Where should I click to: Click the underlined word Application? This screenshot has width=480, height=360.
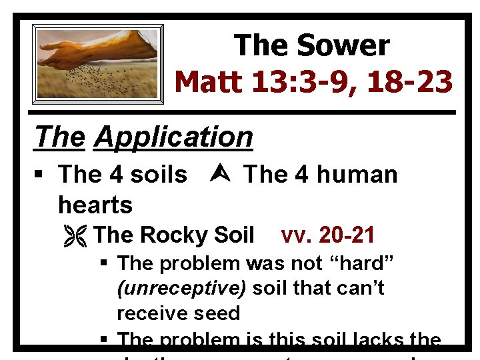click(x=173, y=137)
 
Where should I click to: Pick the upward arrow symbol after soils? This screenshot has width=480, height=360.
click(x=215, y=175)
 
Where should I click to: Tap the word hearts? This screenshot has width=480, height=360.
click(x=95, y=204)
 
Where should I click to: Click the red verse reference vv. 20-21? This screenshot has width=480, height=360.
click(x=328, y=235)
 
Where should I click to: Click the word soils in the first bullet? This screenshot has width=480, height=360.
click(x=159, y=175)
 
